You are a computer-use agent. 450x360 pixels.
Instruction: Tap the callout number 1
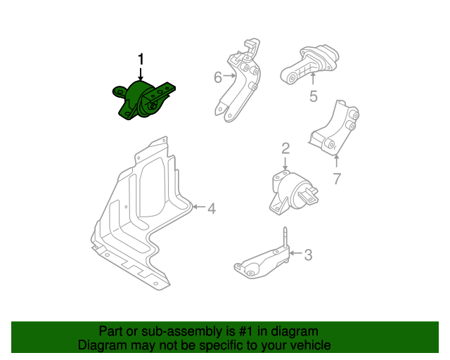(141, 58)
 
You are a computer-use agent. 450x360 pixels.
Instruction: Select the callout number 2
(285, 148)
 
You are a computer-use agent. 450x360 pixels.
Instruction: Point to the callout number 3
(308, 255)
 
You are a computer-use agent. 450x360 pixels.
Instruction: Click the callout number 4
(211, 207)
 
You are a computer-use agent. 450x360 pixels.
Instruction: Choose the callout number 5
(313, 97)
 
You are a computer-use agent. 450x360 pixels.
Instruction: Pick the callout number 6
(218, 77)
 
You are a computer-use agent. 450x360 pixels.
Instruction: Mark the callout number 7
(336, 179)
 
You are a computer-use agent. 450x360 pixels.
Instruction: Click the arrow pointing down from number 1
(141, 73)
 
